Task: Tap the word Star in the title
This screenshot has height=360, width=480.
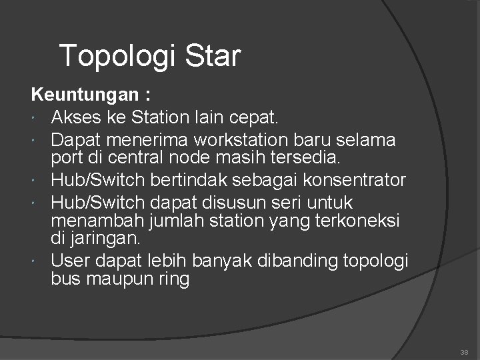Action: pyautogui.click(x=207, y=56)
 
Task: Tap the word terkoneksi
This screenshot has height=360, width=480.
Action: pyautogui.click(x=359, y=220)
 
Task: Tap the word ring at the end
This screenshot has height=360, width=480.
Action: pyautogui.click(x=175, y=278)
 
